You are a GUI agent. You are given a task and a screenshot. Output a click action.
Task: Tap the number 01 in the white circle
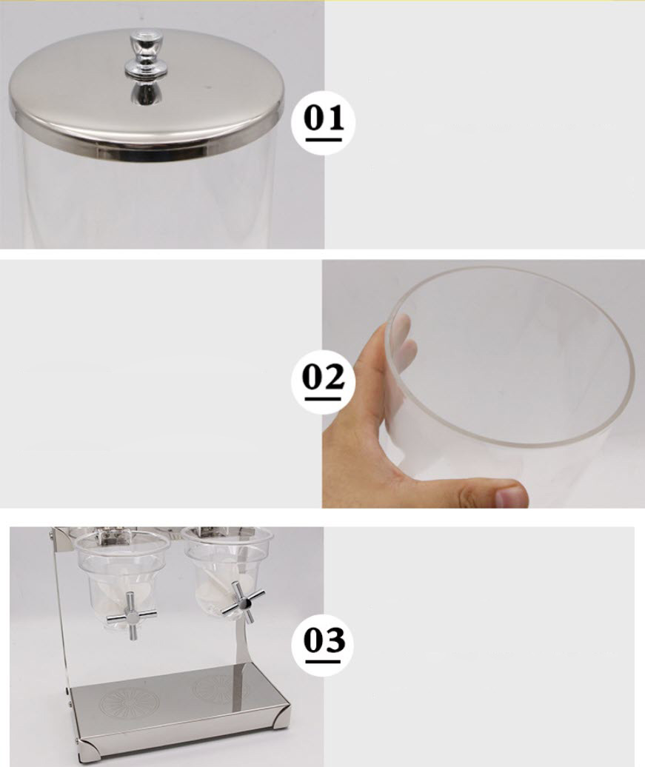pyautogui.click(x=324, y=118)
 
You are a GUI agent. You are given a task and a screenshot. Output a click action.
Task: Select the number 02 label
pyautogui.click(x=323, y=377)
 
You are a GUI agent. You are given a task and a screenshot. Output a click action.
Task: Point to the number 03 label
pyautogui.click(x=323, y=639)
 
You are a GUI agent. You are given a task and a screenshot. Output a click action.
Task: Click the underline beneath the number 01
pyautogui.click(x=324, y=141)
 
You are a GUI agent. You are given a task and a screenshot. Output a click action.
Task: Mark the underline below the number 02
pyautogui.click(x=323, y=400)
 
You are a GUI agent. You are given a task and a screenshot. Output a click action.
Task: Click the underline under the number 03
pyautogui.click(x=323, y=662)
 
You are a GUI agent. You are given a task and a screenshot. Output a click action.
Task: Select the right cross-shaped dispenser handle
pyautogui.click(x=243, y=602)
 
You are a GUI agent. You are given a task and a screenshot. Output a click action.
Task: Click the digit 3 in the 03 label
pyautogui.click(x=334, y=640)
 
